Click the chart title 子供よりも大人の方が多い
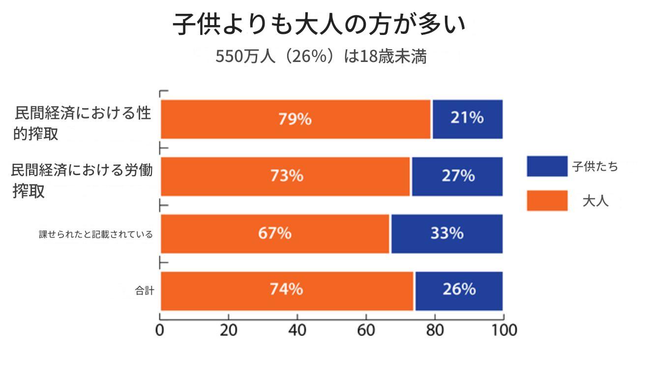(x=319, y=25)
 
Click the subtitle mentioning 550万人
(x=321, y=57)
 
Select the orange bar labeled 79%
(x=296, y=119)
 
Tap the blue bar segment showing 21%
(x=467, y=119)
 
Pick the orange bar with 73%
(x=286, y=176)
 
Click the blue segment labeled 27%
(x=457, y=176)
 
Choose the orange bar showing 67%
(x=275, y=233)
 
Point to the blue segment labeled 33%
(x=447, y=233)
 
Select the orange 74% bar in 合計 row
(x=287, y=290)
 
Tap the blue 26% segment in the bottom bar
(x=459, y=290)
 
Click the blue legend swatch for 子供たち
(x=547, y=166)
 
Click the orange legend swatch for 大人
(x=547, y=201)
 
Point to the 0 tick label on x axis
(x=160, y=330)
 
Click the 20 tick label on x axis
(x=229, y=330)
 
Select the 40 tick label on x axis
(x=297, y=330)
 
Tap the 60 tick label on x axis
(x=366, y=330)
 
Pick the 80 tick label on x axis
(x=434, y=330)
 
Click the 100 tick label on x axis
(x=502, y=330)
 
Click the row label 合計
(x=145, y=291)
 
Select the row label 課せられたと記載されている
(x=96, y=234)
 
